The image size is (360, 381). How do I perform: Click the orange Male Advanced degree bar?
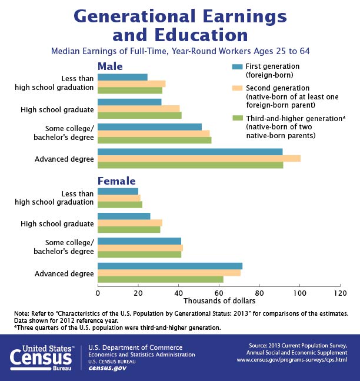click(199, 158)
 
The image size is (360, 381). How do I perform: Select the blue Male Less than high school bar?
click(122, 76)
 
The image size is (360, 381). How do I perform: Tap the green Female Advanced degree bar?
click(160, 279)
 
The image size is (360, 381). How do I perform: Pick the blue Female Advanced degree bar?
click(169, 266)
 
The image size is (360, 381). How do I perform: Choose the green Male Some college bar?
click(154, 140)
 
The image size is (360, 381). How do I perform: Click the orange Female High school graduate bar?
click(129, 223)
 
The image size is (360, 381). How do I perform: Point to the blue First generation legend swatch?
click(237, 66)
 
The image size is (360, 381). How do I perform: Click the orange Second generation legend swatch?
click(237, 88)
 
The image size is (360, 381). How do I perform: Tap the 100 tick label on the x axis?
click(300, 292)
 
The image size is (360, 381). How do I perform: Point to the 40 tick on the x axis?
click(178, 292)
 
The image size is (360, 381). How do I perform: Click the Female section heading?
click(116, 181)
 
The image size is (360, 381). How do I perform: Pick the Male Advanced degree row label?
click(64, 159)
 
